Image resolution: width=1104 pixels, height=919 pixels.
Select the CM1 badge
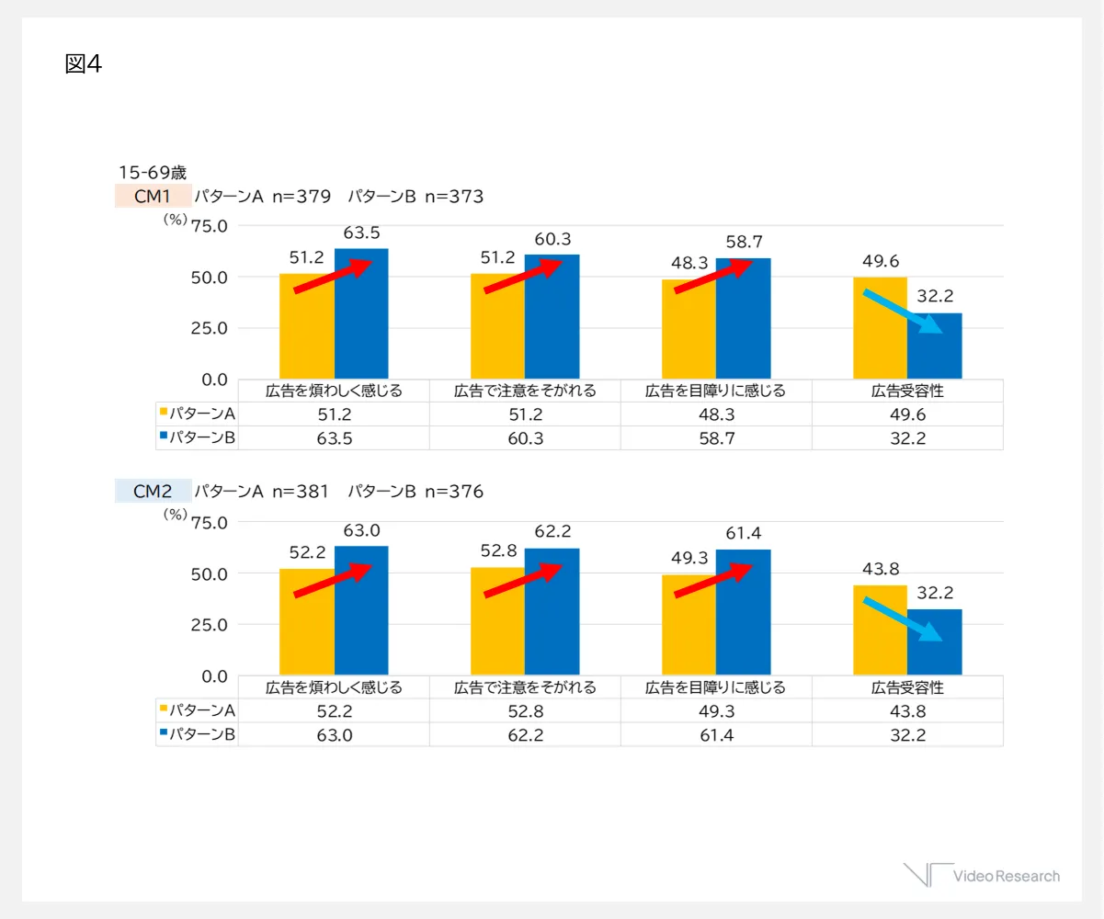153,196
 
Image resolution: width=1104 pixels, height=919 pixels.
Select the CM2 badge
153,492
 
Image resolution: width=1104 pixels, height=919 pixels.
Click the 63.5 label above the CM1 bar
361,233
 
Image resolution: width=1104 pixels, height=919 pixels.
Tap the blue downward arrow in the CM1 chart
903,312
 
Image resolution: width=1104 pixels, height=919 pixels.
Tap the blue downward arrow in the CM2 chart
903,618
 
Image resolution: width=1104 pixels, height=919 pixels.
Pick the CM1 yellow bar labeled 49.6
881,327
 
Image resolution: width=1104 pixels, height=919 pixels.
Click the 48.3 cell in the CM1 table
715,414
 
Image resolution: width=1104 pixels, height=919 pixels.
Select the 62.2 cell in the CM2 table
525,734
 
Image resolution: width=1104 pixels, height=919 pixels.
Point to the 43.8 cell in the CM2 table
906,710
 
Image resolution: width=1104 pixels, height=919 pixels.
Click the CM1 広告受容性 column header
906,391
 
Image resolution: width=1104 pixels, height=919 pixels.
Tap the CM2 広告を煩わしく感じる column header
334,687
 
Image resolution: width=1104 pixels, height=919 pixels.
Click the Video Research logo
982,875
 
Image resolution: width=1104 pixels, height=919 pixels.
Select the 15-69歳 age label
152,172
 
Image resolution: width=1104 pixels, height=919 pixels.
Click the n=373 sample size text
454,196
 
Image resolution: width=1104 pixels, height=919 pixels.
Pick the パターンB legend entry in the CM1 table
199,437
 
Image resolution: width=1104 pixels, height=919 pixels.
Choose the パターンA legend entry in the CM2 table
199,710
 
